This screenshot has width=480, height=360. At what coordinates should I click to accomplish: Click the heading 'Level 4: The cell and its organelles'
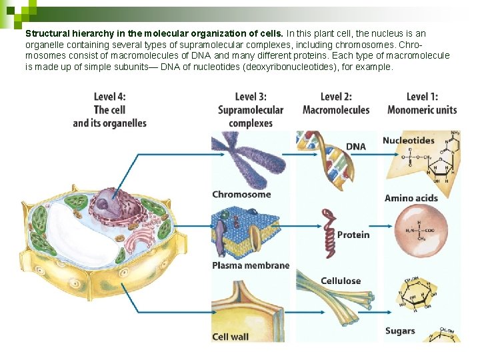coord(109,110)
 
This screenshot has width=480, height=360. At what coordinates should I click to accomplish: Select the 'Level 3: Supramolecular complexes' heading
coord(251,110)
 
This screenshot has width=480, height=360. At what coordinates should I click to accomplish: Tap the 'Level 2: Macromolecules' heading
coord(336,103)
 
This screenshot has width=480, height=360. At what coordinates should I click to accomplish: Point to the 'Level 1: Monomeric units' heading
coord(422,103)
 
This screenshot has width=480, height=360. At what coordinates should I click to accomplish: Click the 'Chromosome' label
coord(241,195)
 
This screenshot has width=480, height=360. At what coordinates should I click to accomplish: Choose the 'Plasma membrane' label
coord(251,265)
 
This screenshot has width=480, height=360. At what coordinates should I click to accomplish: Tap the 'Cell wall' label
coord(230,337)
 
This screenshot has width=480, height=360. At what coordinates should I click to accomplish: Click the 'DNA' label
coord(355,147)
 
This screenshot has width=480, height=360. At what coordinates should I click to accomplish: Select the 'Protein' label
coord(353,235)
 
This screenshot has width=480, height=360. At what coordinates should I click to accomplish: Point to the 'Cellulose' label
coord(340,281)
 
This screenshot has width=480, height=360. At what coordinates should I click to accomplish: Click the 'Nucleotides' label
coord(408,141)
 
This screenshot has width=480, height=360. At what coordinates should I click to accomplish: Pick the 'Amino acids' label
coord(411,198)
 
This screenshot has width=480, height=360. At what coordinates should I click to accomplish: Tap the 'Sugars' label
coord(400,331)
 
